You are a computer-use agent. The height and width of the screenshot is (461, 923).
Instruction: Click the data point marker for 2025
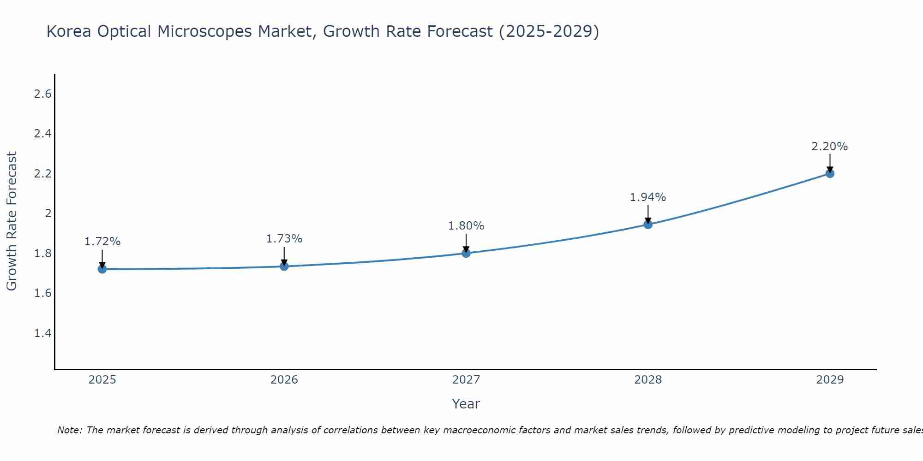(x=102, y=269)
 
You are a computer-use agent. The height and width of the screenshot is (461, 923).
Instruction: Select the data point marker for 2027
(x=466, y=253)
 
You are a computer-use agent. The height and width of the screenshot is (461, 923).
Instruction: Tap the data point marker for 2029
(x=830, y=173)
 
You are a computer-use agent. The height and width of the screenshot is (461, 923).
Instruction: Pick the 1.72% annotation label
(x=102, y=242)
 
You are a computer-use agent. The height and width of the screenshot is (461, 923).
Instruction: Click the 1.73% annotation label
(x=284, y=239)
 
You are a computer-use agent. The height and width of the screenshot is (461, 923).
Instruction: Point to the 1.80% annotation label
(x=466, y=226)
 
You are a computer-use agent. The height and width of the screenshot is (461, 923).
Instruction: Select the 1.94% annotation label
(x=648, y=197)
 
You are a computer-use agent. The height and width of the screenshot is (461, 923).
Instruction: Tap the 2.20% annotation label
(x=830, y=147)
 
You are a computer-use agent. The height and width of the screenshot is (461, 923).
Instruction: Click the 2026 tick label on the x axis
(x=284, y=380)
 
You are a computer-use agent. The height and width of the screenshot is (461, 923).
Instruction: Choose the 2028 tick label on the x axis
(x=648, y=380)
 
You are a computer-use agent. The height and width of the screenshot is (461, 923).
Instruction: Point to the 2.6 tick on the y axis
(x=42, y=94)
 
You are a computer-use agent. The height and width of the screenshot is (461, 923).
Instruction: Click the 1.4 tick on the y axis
(x=42, y=333)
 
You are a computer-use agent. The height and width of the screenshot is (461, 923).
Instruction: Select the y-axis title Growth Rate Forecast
(x=12, y=221)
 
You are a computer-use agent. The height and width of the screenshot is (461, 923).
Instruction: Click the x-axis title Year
(x=466, y=404)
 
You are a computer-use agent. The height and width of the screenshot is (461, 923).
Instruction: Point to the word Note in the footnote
(x=69, y=430)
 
